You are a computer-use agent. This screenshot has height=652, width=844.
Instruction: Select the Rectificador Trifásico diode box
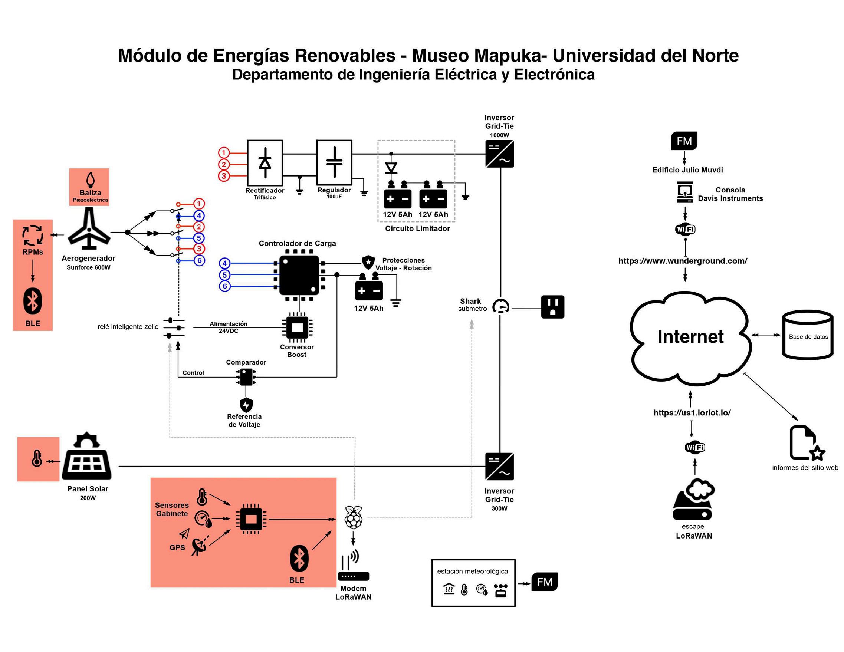click(265, 162)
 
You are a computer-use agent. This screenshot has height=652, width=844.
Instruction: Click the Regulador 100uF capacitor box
click(334, 162)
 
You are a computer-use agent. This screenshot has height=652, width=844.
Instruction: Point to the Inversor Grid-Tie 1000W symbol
click(499, 154)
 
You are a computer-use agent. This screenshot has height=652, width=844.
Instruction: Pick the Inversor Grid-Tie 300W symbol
click(499, 466)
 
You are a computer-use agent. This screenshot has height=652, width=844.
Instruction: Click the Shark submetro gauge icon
click(501, 307)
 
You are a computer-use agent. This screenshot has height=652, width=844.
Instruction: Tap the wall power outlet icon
click(553, 307)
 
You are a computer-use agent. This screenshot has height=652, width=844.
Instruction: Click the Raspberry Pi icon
click(354, 517)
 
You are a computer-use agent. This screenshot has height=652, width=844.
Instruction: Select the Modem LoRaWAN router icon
click(354, 567)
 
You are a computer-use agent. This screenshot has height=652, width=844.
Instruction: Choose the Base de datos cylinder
click(808, 335)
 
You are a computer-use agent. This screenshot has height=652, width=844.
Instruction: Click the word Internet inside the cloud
click(690, 336)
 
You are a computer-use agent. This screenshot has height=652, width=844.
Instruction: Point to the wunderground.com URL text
click(683, 261)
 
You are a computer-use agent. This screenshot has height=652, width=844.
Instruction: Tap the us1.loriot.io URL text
click(692, 412)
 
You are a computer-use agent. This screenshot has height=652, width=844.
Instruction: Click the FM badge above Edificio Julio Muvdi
click(684, 141)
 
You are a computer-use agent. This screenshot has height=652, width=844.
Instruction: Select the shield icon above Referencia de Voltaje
click(246, 405)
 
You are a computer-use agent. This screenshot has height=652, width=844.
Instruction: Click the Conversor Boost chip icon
click(297, 327)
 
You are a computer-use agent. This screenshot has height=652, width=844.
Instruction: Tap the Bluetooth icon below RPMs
click(33, 301)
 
